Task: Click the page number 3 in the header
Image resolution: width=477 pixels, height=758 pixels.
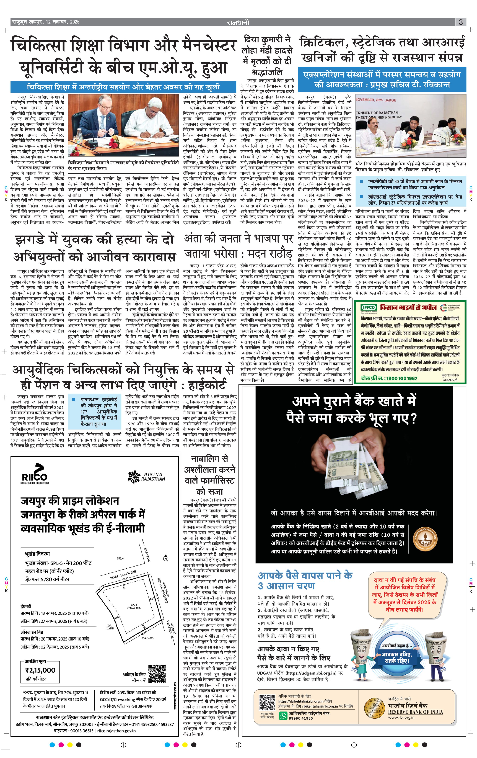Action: (x=461, y=22)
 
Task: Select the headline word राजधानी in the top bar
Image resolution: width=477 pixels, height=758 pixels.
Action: (x=238, y=22)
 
